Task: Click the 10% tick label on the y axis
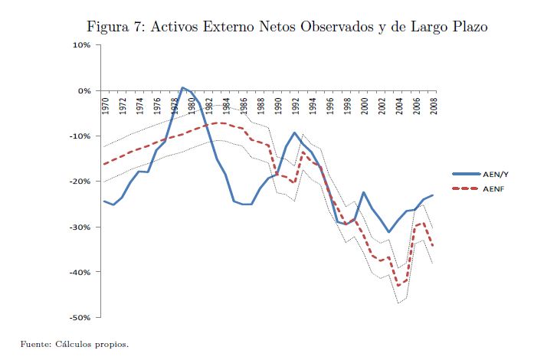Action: [x=81, y=45]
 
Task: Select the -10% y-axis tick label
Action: [x=80, y=136]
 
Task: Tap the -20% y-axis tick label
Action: [x=80, y=182]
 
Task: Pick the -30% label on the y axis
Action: [x=80, y=227]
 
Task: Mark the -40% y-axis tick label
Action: [x=80, y=272]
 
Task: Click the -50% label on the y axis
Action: [x=80, y=317]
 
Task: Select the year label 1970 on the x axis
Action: [x=104, y=106]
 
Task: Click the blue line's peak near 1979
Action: [x=182, y=87]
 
